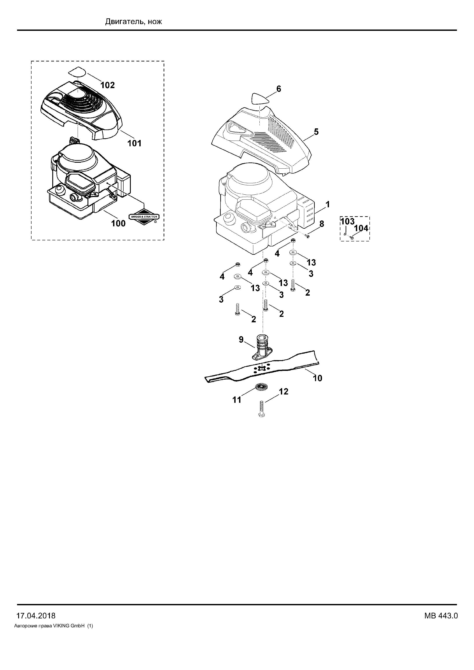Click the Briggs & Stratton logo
[144, 217]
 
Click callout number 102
[108, 85]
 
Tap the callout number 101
[134, 143]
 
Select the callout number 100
[118, 223]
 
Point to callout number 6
[279, 89]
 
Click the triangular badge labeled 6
[260, 99]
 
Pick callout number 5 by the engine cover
[316, 132]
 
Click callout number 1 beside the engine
[328, 204]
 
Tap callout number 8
[322, 224]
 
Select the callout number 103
[347, 221]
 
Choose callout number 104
[361, 228]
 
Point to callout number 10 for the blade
[318, 378]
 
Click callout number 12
[283, 392]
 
